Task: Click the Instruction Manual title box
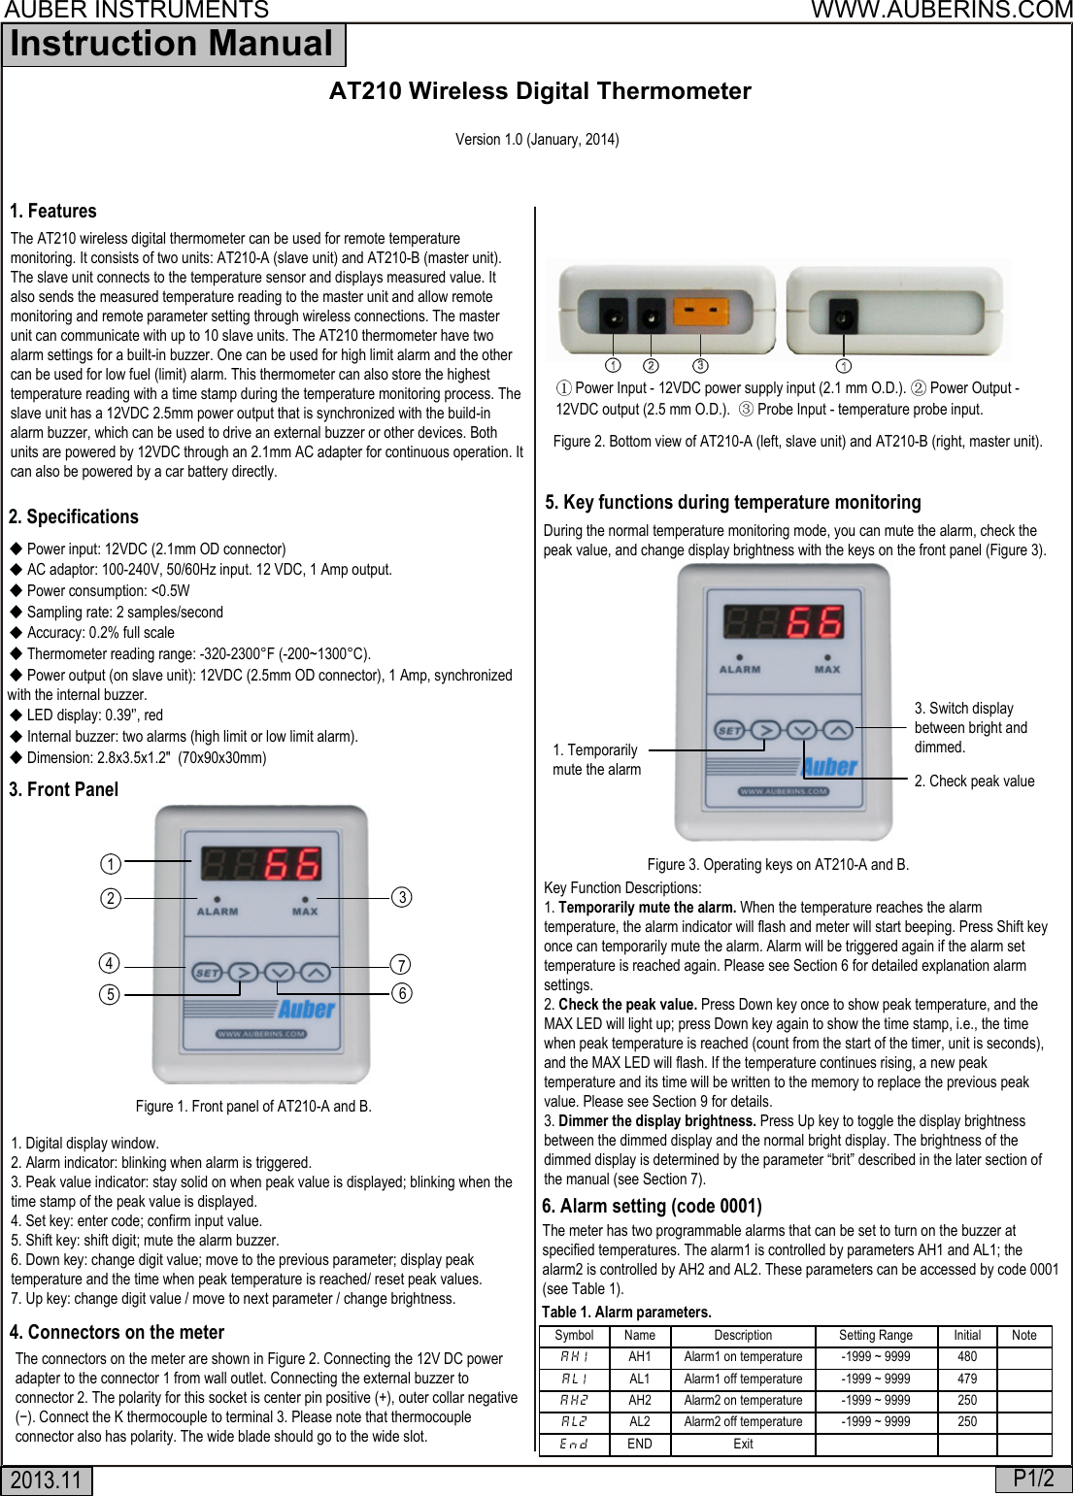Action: coord(173,45)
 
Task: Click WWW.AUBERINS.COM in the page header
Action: coord(941,11)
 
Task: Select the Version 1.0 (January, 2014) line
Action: coord(537,139)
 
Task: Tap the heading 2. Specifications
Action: coord(74,516)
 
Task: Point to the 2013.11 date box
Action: coord(47,1480)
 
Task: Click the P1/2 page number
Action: coord(1033,1479)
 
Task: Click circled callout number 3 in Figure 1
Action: coord(402,897)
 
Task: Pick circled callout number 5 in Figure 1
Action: coord(110,994)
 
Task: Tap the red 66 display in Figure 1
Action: coord(292,863)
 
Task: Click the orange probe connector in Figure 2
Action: coord(700,314)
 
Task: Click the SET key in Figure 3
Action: coord(729,730)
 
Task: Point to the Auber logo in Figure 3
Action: coord(830,767)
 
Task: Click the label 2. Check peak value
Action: coord(974,781)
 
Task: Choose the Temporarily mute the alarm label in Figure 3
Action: coord(596,760)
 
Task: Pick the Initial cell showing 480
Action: coord(967,1357)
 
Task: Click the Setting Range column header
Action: coord(875,1335)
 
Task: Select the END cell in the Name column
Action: coord(639,1444)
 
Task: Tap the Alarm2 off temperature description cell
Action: coord(743,1421)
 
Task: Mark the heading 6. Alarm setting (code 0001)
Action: coord(652,1206)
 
